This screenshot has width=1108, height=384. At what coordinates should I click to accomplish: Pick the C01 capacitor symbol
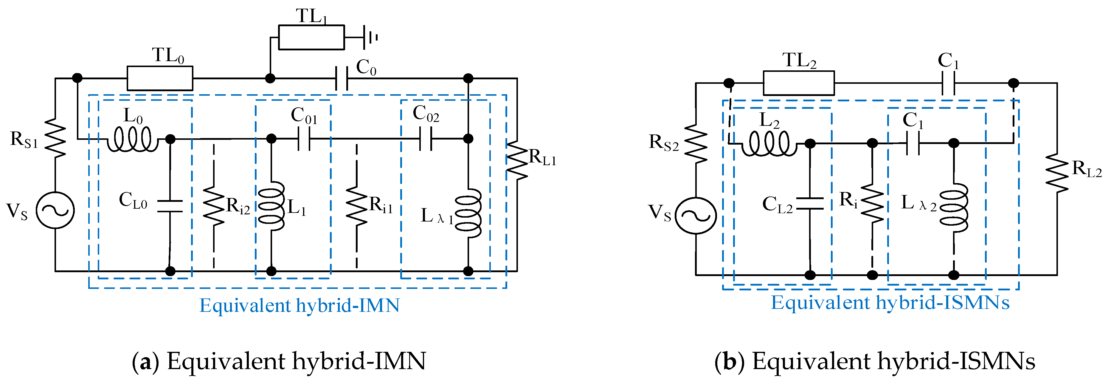coord(304,139)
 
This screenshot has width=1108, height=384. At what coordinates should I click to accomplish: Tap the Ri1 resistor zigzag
coord(357,206)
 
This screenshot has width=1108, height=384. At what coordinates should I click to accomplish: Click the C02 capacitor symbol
coord(425,139)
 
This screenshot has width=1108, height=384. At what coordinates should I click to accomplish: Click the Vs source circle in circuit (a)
coord(55,210)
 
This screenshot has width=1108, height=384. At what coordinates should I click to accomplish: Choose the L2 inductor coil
coord(769,143)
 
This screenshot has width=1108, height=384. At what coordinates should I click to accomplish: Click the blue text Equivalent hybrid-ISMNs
coord(890,303)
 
